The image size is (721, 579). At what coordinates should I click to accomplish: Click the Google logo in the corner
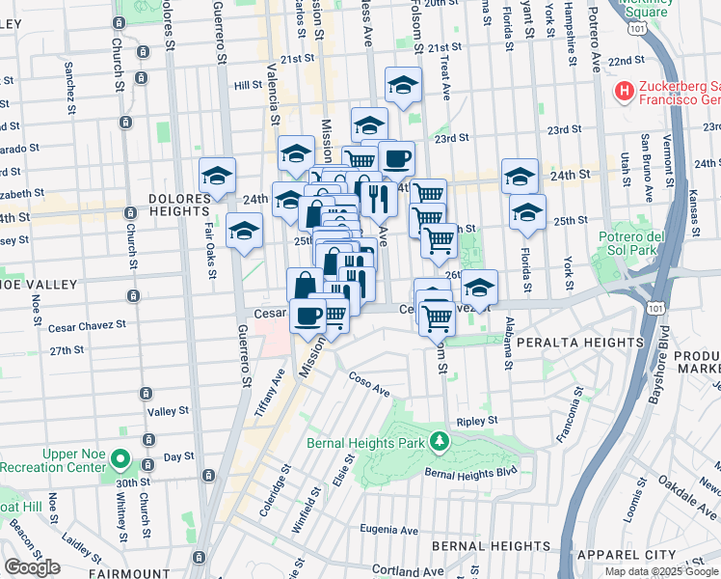tap(32, 567)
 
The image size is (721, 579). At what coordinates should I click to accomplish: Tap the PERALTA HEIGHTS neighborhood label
tap(578, 343)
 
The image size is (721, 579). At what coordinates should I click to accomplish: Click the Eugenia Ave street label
tap(388, 529)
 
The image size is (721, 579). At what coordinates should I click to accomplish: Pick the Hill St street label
tap(248, 85)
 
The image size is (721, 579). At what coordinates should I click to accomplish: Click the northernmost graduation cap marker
tap(404, 85)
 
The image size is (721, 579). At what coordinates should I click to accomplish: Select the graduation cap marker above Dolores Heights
tap(218, 176)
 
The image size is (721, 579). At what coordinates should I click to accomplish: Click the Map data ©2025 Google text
tap(660, 571)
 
